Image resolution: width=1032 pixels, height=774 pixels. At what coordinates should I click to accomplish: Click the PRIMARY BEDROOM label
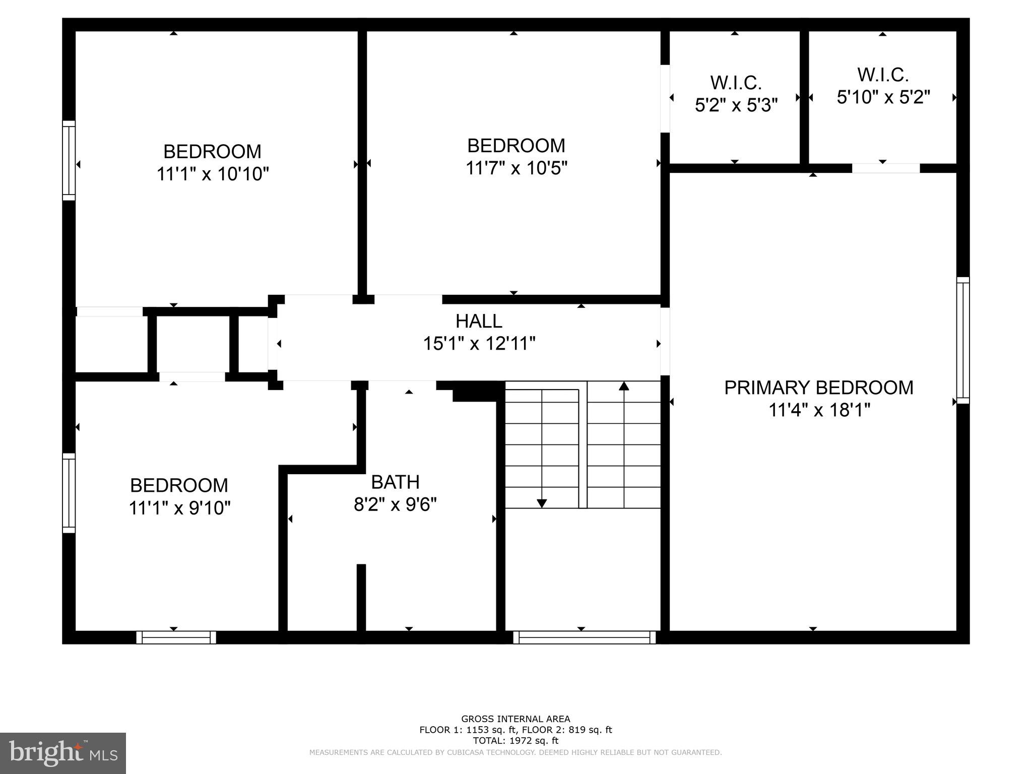[x=818, y=388]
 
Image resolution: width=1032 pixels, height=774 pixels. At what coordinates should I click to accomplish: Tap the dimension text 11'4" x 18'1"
[x=819, y=410]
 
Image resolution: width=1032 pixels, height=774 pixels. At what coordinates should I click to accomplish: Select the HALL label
[x=479, y=321]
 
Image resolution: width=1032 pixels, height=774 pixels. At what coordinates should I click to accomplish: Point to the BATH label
[x=395, y=482]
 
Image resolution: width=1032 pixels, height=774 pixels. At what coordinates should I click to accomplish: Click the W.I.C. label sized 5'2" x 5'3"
[x=736, y=83]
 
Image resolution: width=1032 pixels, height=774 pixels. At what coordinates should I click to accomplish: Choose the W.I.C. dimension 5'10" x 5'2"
[x=883, y=97]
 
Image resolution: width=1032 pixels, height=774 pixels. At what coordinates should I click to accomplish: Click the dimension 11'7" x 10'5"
[x=516, y=168]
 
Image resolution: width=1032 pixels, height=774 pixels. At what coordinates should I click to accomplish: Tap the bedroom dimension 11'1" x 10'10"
[x=213, y=174]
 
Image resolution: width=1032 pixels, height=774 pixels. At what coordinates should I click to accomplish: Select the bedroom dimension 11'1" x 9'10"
[x=179, y=508]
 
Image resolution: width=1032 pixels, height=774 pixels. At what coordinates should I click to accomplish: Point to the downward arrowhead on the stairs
[x=542, y=503]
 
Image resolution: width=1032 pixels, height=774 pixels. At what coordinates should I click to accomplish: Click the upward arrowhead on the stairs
[x=624, y=386]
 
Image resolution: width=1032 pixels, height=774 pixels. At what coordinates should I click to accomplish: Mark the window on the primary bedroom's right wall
[x=962, y=340]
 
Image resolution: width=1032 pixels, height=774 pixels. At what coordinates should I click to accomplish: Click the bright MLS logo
[x=63, y=753]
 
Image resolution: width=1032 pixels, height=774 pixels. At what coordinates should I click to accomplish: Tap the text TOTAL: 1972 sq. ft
[x=515, y=740]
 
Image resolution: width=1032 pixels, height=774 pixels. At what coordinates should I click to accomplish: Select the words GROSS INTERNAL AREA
[x=515, y=719]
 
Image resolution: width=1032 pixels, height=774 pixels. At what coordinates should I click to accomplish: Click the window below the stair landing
[x=585, y=637]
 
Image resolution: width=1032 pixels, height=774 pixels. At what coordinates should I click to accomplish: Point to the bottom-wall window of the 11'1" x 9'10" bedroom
[x=176, y=637]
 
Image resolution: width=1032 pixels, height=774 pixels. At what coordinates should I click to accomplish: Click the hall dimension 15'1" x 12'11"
[x=479, y=344]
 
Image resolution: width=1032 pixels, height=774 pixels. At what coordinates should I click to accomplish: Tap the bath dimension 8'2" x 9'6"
[x=395, y=504]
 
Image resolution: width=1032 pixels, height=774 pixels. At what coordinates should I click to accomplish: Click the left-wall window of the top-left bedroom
[x=69, y=160]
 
